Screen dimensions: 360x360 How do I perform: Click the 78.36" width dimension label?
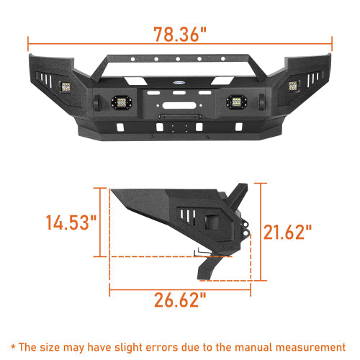tap(180, 34)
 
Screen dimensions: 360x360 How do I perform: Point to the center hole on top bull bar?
tap(176, 60)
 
